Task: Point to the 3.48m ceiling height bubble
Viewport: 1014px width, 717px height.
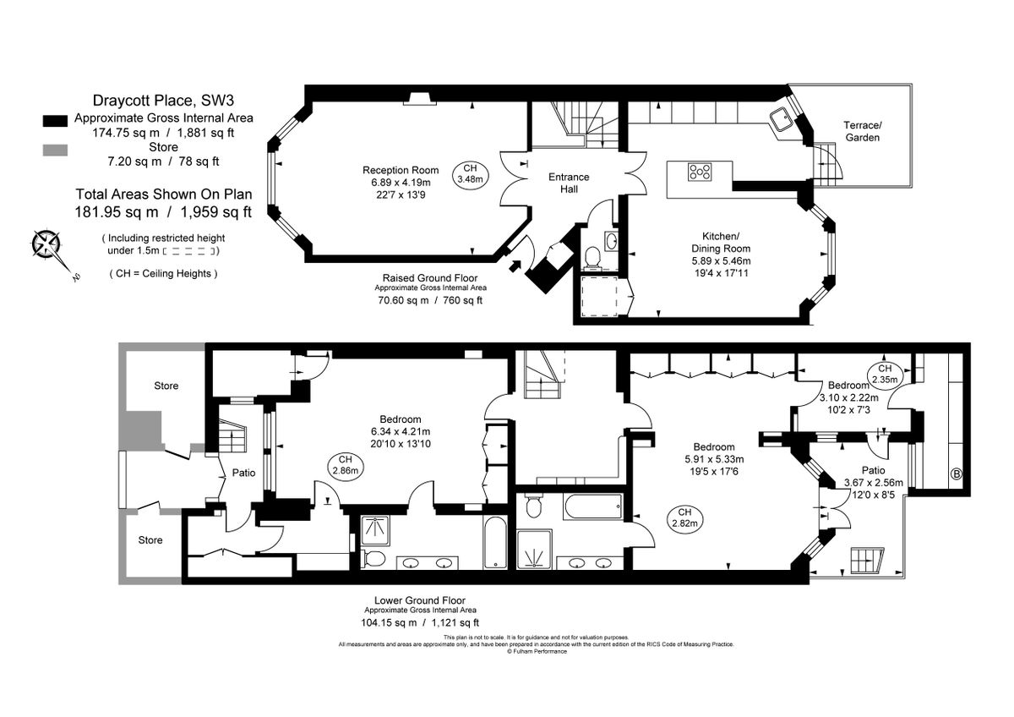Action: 470,173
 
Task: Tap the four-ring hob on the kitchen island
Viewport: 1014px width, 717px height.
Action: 700,172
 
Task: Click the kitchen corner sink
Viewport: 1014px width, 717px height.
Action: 782,120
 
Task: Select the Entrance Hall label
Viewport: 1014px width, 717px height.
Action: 569,183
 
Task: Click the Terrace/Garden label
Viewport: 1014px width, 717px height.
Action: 862,131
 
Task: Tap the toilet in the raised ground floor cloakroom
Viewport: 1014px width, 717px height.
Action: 592,254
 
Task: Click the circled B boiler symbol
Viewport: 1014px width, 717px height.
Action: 957,473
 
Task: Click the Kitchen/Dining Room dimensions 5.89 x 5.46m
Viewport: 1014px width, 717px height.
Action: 714,261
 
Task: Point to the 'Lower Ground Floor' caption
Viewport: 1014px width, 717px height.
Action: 420,599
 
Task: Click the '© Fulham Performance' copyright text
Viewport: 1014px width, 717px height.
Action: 537,651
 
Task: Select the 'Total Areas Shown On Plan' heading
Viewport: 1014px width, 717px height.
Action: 163,194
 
